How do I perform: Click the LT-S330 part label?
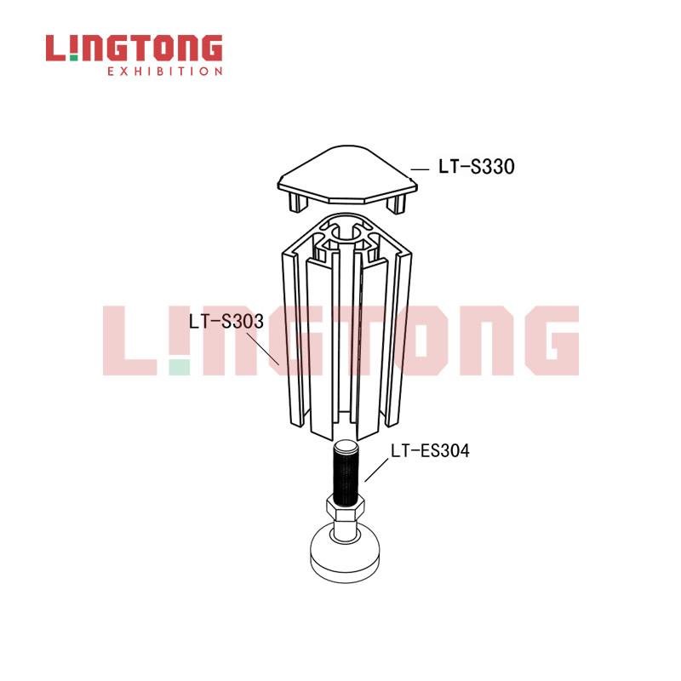pyautogui.click(x=477, y=167)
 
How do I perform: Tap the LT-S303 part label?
pyautogui.click(x=226, y=322)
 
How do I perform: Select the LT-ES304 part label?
pyautogui.click(x=430, y=451)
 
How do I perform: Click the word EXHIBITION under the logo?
pyautogui.click(x=165, y=72)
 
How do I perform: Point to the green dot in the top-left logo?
pyautogui.click(x=73, y=58)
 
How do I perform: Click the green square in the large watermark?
pyautogui.click(x=180, y=368)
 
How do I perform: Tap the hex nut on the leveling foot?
pyautogui.click(x=346, y=508)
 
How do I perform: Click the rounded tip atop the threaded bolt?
pyautogui.click(x=346, y=445)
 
